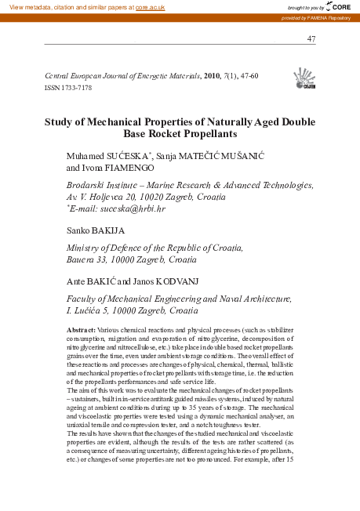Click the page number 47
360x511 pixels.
[311, 39]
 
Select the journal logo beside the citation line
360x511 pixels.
[304, 79]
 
